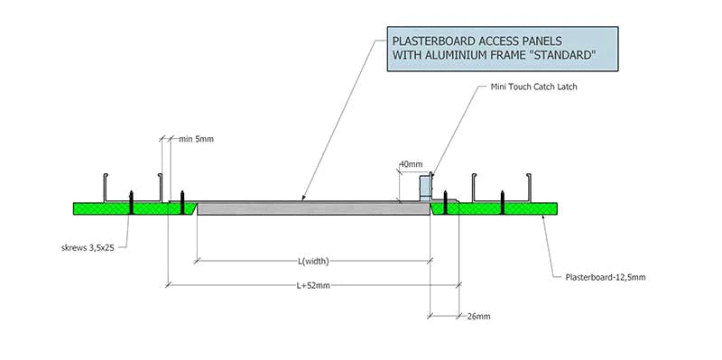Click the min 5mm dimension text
click(x=196, y=139)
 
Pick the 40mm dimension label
click(x=410, y=164)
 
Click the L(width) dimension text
click(x=312, y=262)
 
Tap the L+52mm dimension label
click(x=313, y=286)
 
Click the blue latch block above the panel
click(x=427, y=188)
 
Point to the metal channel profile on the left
click(x=135, y=184)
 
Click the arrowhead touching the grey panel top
click(x=303, y=198)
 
